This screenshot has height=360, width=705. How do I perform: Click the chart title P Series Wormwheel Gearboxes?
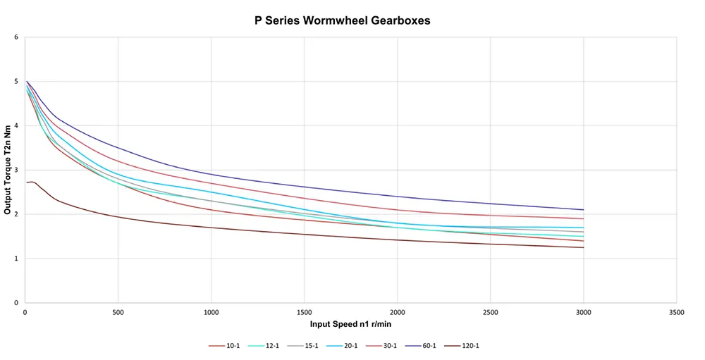click(x=342, y=20)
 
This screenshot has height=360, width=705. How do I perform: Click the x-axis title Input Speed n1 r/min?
click(x=350, y=324)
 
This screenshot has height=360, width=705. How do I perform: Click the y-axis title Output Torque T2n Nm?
click(x=8, y=169)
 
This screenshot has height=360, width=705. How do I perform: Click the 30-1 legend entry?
click(x=384, y=346)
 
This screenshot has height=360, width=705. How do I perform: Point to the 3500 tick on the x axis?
click(x=677, y=311)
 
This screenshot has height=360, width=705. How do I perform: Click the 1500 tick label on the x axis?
click(x=304, y=311)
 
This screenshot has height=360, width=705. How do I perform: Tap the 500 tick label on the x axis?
click(x=118, y=311)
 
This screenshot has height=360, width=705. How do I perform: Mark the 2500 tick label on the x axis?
click(x=491, y=311)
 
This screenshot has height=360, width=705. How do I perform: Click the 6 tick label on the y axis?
click(x=17, y=37)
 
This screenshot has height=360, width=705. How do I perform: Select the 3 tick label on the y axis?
click(x=17, y=170)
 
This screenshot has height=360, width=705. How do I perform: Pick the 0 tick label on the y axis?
click(x=17, y=303)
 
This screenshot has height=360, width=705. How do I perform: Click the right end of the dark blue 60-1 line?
click(x=584, y=209)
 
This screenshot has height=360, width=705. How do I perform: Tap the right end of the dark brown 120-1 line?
click(x=584, y=247)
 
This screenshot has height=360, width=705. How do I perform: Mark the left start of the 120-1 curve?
click(x=27, y=182)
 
